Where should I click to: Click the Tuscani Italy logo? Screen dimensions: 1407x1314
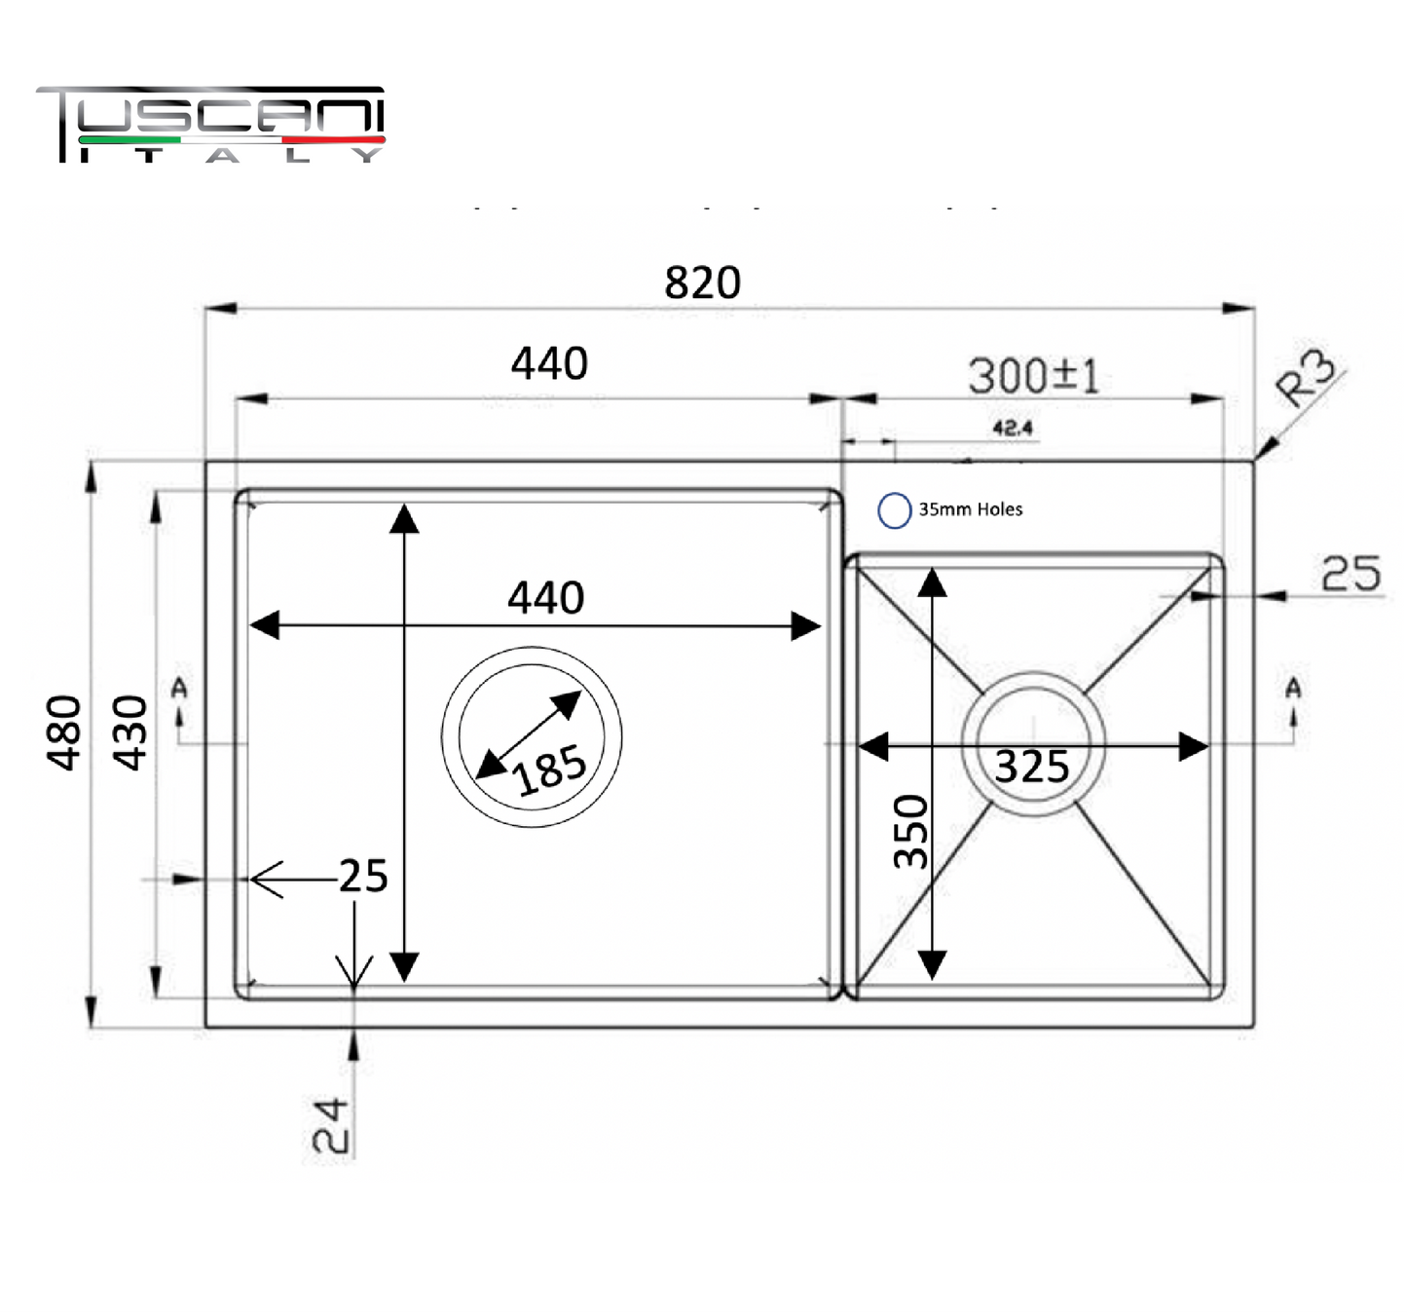pos(211,125)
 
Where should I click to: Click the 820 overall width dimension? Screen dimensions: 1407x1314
pos(702,282)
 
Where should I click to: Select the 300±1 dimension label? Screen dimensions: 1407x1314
pos(1034,376)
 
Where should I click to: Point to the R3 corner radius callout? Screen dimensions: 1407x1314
pos(1306,379)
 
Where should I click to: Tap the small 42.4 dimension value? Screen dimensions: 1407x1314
pos(1013,428)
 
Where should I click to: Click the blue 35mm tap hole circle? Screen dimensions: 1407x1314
pos(894,510)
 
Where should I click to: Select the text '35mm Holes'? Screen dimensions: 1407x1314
pos(971,509)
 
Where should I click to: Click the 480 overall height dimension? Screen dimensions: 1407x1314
pos(63,732)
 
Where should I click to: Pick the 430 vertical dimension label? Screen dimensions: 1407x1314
pos(130,732)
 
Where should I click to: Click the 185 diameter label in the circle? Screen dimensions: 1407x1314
pos(549,770)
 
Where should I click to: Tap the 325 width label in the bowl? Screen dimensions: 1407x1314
pos(1031,767)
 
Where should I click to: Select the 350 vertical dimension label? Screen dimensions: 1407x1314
pos(910,832)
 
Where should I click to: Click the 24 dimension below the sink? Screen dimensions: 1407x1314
pos(331,1125)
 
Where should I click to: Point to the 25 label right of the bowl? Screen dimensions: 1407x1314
pos(1351,574)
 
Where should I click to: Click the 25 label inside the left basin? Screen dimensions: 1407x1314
pos(363,876)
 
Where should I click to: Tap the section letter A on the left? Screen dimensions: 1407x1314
pos(179,687)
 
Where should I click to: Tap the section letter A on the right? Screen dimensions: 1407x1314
pos(1294,687)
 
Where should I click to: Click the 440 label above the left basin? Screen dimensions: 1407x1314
pos(549,363)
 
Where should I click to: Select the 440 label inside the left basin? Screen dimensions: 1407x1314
pos(545,597)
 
